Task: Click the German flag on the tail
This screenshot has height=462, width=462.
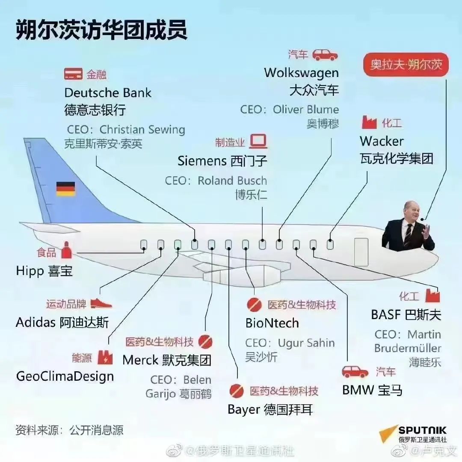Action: coord(66,189)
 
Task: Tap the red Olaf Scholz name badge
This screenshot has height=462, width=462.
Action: coord(406,65)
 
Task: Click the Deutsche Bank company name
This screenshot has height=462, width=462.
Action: coord(108,93)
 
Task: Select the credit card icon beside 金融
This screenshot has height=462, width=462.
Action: coord(74,74)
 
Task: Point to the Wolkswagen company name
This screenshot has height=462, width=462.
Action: coord(301,73)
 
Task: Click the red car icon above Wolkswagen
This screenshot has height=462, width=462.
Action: coord(325,55)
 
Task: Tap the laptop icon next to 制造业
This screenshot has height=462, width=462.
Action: coord(258,142)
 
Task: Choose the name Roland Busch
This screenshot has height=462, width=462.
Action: coord(232,181)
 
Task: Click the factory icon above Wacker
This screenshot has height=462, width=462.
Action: coord(369,122)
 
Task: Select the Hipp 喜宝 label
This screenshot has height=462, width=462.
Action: coord(44,271)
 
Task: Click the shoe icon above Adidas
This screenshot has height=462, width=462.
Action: coord(101,303)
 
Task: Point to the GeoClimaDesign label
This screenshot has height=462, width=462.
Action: coord(65,376)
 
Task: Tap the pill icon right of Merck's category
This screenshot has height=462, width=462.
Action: coord(205,342)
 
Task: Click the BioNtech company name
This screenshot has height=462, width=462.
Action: coord(272,323)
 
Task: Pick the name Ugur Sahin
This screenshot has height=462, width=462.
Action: coord(306,343)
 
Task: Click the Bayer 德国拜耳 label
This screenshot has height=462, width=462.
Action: coord(270,409)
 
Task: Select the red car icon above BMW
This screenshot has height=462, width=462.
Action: coord(355,372)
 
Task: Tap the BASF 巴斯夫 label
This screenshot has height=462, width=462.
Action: coord(406,315)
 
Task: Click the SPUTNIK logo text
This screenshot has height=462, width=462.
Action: coord(422,430)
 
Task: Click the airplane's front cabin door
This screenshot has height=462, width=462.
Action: coord(361,252)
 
